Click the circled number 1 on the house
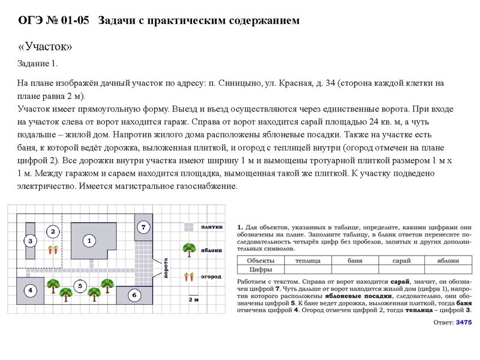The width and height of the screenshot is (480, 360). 89,241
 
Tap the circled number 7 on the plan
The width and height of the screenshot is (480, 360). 143,227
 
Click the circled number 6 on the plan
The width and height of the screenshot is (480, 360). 134,295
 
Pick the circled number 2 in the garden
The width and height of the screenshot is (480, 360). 53,231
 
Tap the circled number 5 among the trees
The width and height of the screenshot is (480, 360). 80,286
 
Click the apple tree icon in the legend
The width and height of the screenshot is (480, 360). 189,248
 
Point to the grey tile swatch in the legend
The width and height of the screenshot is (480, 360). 188,227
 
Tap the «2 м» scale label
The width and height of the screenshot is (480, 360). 193,299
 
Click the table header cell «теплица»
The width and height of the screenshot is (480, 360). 307,261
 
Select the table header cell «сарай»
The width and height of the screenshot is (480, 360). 401,261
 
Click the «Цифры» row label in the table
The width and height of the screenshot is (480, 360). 262,269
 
